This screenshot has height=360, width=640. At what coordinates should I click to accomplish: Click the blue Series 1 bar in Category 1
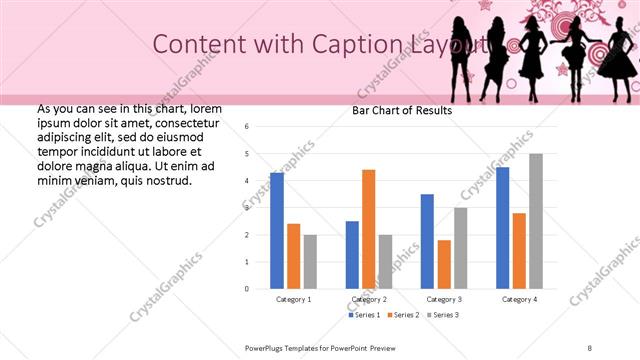click(x=277, y=231)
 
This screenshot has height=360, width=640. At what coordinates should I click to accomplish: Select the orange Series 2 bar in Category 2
click(x=369, y=229)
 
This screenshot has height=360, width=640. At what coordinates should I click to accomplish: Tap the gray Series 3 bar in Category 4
click(x=536, y=221)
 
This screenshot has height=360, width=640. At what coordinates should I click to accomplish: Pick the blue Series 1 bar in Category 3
click(x=427, y=241)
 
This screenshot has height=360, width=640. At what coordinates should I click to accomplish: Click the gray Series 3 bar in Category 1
click(x=310, y=262)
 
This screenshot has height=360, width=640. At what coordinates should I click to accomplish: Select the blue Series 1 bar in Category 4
click(x=502, y=228)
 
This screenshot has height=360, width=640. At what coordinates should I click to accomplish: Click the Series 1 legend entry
click(x=365, y=315)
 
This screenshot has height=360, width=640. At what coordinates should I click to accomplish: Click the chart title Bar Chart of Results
click(x=401, y=110)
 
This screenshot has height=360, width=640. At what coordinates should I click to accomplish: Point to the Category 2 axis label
click(x=369, y=299)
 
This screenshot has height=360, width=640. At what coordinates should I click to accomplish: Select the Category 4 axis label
click(x=519, y=299)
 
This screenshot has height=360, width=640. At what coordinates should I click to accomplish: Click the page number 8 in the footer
click(x=589, y=348)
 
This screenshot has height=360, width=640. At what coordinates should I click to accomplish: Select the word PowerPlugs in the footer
click(x=267, y=348)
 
